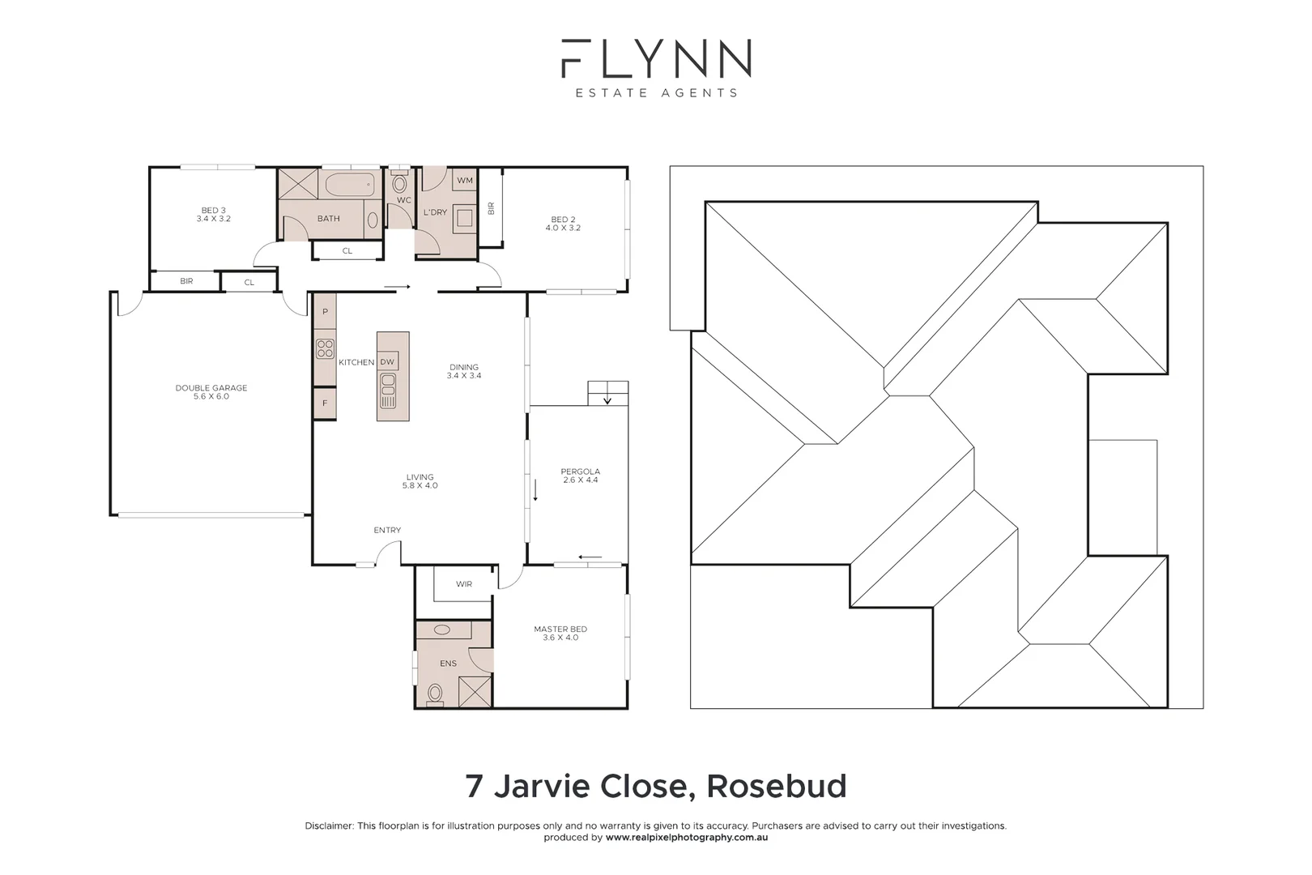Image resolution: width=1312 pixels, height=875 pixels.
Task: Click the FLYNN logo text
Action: [656, 58]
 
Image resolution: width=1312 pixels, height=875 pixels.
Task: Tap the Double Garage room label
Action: [211, 392]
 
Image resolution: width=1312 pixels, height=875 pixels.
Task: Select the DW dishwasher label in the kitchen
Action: [387, 362]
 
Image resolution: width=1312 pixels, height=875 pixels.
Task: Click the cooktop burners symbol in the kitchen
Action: [325, 348]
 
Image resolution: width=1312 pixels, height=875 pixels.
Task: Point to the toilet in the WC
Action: [399, 183]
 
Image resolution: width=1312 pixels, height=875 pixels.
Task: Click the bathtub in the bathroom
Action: [349, 185]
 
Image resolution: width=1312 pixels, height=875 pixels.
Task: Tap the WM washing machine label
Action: [465, 180]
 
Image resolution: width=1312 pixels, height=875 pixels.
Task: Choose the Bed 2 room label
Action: [563, 224]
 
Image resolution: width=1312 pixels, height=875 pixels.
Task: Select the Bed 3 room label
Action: [213, 215]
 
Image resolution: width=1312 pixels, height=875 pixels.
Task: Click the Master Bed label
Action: [560, 633]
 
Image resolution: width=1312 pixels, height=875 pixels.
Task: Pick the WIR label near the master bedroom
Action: [464, 584]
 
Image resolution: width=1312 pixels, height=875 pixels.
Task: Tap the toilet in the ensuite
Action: [435, 693]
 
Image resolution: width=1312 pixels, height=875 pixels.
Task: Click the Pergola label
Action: [581, 476]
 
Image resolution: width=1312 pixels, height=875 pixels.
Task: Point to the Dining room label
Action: [464, 371]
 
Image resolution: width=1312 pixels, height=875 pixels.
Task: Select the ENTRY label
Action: [387, 530]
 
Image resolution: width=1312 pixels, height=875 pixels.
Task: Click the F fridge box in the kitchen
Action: [325, 403]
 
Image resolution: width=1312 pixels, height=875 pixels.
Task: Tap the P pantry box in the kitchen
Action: [325, 312]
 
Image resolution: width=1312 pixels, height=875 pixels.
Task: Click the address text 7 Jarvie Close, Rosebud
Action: [656, 786]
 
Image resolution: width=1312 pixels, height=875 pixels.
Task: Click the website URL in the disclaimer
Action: [687, 838]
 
